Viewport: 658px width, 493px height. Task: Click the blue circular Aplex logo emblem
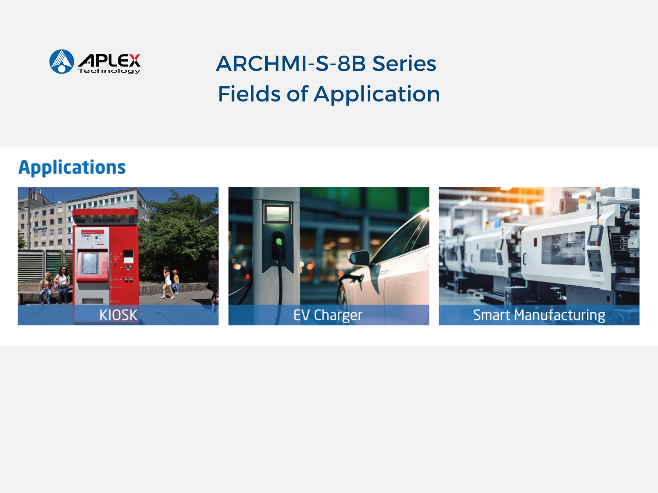[62, 61]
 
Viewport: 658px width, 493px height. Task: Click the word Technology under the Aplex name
[109, 71]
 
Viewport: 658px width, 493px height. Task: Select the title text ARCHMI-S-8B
[291, 64]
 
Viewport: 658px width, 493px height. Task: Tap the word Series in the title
[404, 64]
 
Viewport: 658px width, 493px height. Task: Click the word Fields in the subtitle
[249, 94]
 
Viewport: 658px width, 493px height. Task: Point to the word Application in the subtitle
[377, 94]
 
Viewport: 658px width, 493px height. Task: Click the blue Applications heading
[72, 168]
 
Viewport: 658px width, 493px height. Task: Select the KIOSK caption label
[118, 315]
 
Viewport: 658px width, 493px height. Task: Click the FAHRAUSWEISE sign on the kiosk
[107, 221]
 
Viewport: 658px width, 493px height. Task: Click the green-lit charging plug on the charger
[278, 242]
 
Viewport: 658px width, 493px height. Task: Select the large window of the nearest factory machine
[563, 249]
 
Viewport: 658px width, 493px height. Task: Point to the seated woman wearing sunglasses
[63, 284]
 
